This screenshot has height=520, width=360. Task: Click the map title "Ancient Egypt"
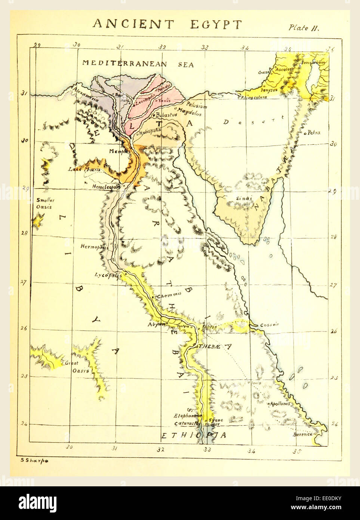click(x=167, y=24)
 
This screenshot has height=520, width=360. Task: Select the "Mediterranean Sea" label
click(x=138, y=64)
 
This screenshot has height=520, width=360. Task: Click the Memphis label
click(x=119, y=151)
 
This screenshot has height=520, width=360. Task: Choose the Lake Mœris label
click(x=84, y=169)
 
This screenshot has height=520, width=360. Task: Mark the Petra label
click(x=313, y=132)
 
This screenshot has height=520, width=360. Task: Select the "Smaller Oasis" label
click(x=45, y=204)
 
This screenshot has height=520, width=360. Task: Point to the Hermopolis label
click(x=94, y=247)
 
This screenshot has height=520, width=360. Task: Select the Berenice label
click(x=302, y=434)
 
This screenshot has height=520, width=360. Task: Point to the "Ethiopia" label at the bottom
click(x=193, y=435)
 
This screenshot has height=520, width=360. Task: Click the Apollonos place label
click(x=279, y=404)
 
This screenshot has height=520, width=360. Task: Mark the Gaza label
click(x=263, y=72)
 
